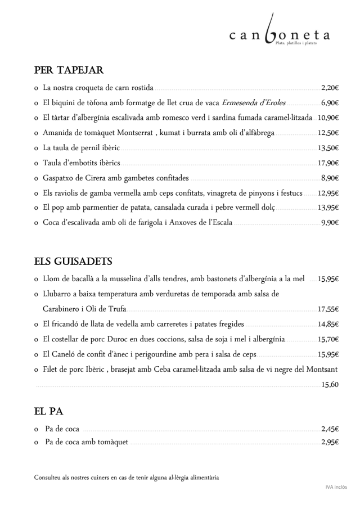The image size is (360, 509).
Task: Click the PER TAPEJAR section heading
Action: [x=69, y=70]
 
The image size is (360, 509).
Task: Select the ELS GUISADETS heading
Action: [x=73, y=262]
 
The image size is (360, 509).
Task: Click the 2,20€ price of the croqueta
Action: [x=330, y=88]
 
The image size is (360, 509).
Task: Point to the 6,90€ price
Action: [x=330, y=103]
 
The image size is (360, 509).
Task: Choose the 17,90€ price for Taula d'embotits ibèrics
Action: [x=328, y=163]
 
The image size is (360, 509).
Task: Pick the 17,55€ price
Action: [x=328, y=309]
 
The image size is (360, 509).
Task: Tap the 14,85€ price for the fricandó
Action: [x=328, y=324]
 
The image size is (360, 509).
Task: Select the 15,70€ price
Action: [x=328, y=339]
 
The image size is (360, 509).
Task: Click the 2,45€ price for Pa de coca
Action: [x=330, y=429]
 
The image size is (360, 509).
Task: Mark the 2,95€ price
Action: [x=330, y=442]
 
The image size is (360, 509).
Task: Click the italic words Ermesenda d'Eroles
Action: [x=254, y=103]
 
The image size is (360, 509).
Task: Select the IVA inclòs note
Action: [x=336, y=487]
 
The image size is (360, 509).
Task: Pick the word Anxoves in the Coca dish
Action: [x=173, y=223]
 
